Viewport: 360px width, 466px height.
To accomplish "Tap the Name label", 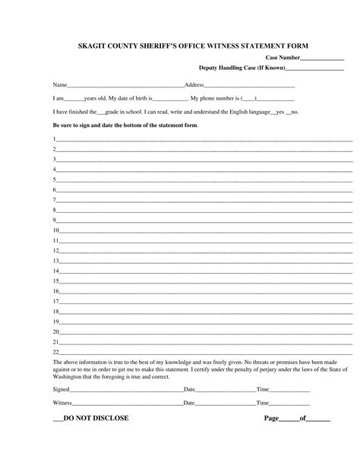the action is (60, 84).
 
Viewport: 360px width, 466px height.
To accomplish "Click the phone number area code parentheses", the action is (249, 99).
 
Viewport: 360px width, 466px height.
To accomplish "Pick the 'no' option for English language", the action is (294, 112).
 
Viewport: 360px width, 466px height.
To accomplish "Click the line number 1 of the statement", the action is (54, 138).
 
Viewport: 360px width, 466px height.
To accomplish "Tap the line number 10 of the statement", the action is (55, 230).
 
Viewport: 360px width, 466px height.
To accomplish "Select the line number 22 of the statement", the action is (55, 352).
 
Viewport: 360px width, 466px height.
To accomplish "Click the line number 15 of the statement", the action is (55, 281).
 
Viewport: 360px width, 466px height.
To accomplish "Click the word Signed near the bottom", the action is (61, 388).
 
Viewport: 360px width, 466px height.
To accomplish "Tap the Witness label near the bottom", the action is (62, 402).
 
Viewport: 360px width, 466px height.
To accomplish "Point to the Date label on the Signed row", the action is (190, 388).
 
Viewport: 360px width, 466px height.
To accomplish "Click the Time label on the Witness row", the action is (263, 402).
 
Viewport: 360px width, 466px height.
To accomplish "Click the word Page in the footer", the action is (272, 419).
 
